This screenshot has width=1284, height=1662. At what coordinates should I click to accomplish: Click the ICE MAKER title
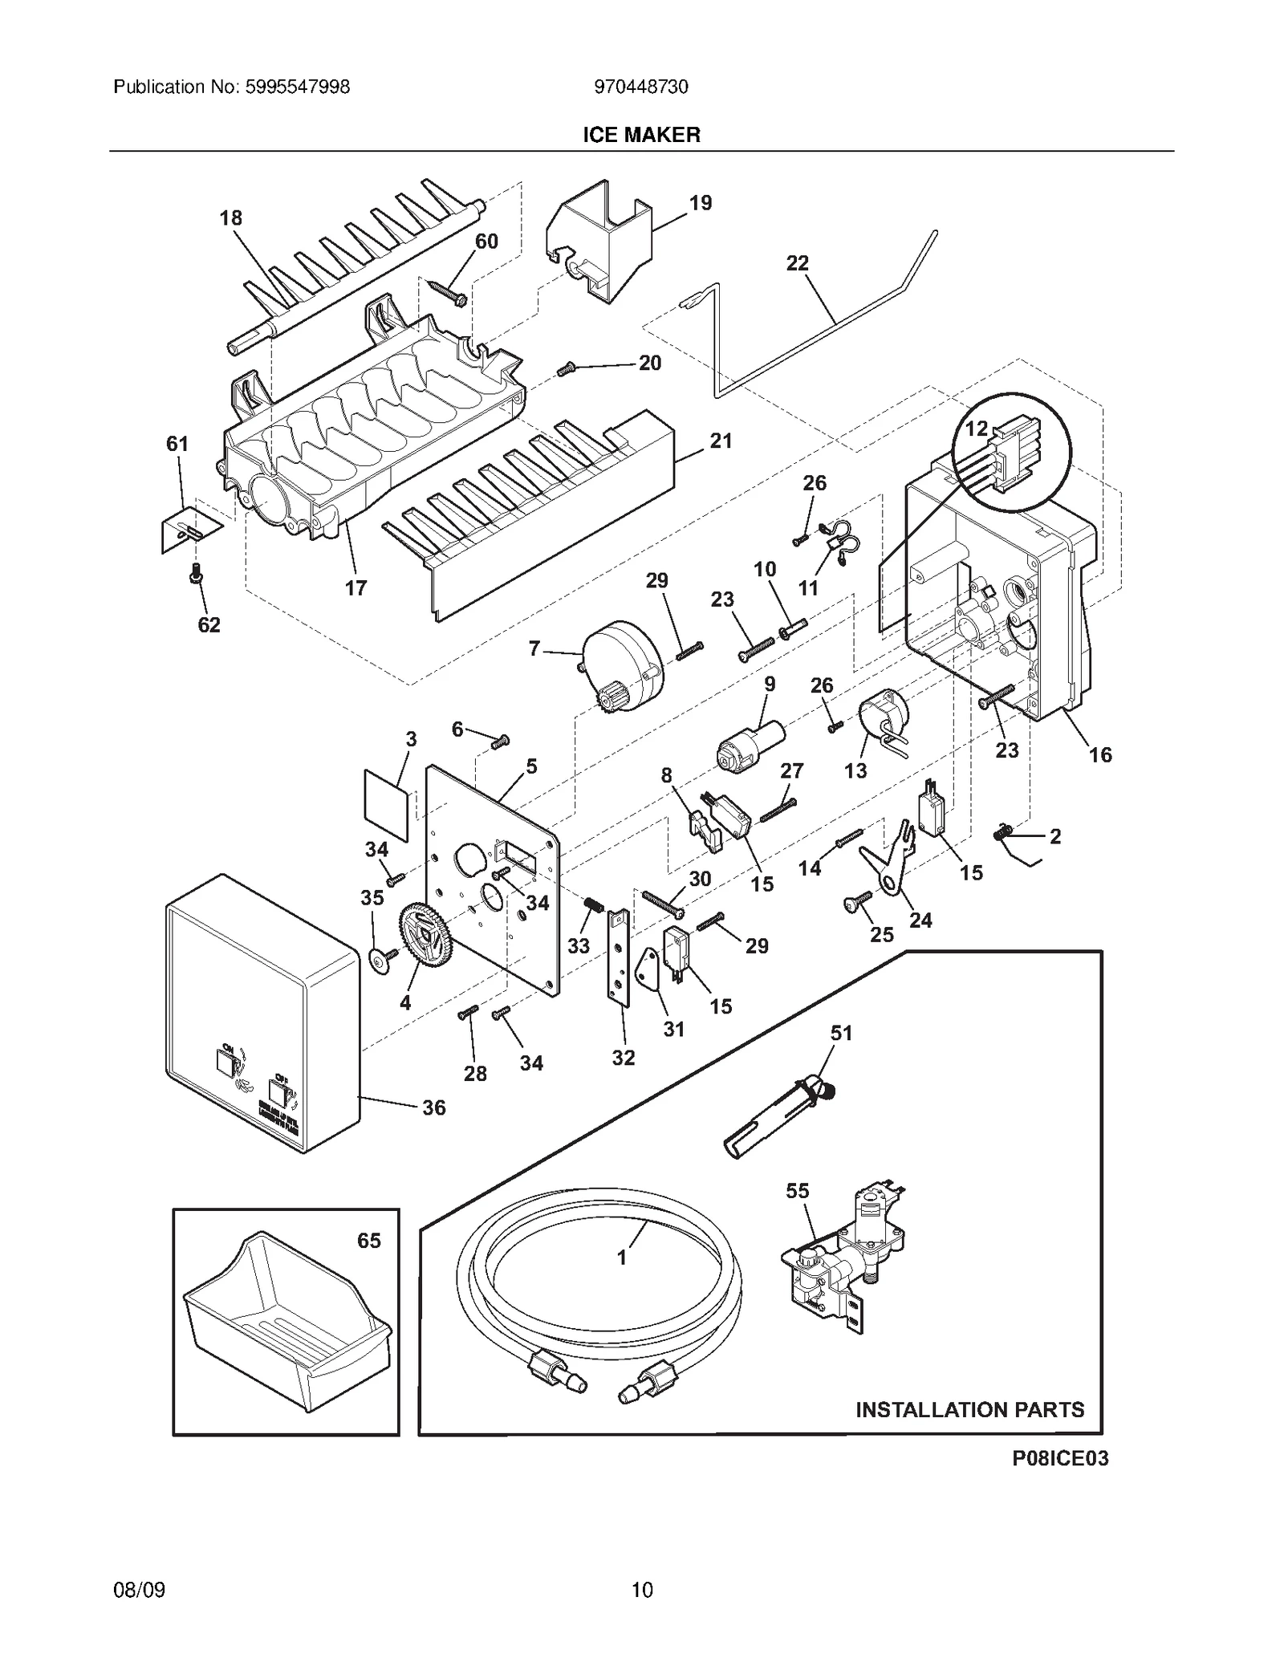(x=640, y=135)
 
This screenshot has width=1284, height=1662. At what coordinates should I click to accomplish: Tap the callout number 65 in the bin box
(x=368, y=1241)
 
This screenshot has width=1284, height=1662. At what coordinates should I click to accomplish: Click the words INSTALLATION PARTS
(x=969, y=1409)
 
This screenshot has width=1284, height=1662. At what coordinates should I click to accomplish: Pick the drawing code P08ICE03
(x=1059, y=1458)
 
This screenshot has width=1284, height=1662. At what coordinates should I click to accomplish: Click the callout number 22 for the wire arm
(x=797, y=263)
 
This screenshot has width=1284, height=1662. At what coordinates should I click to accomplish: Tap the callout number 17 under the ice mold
(x=356, y=588)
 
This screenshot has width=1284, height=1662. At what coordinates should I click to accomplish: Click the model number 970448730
(x=640, y=87)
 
